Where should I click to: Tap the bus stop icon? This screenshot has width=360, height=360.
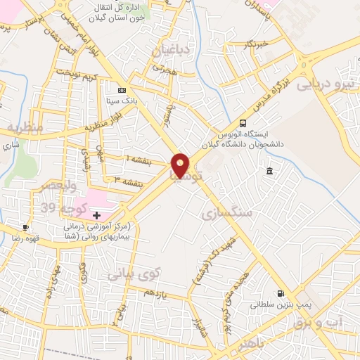click(x=243, y=122)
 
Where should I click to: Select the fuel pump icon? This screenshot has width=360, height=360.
click(x=281, y=294)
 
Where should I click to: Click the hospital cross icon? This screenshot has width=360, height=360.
click(x=96, y=214)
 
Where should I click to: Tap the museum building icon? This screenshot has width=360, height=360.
click(x=270, y=172)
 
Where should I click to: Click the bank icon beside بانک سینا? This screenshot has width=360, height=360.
click(x=122, y=90)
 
